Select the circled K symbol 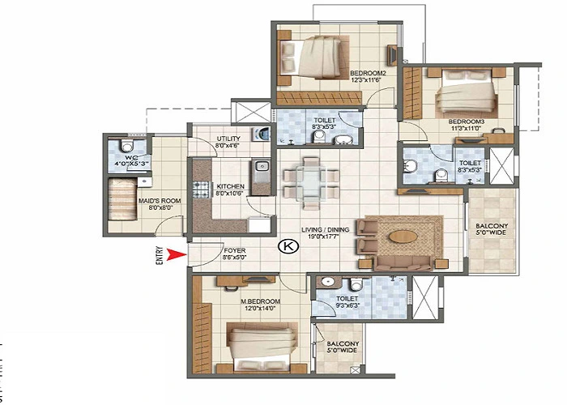coord(285,246)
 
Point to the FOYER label coord(235,250)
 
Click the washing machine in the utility coord(262,134)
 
